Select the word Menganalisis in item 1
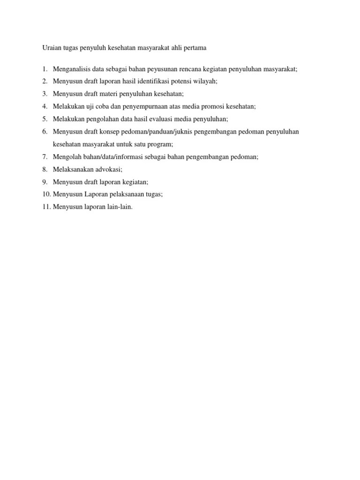click(x=72, y=69)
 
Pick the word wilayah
click(x=205, y=81)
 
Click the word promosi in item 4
click(x=216, y=106)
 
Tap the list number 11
click(x=45, y=207)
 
